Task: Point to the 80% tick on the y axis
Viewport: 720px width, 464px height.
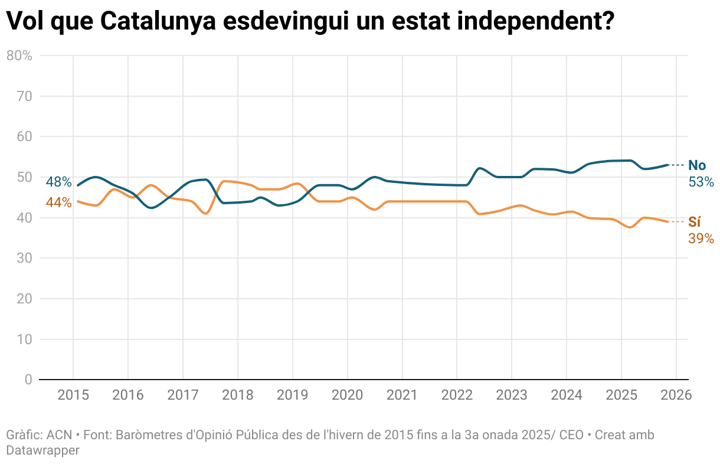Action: (x=19, y=55)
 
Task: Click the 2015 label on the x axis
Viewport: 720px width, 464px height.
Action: (x=73, y=396)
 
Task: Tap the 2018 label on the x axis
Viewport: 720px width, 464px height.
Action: (x=237, y=396)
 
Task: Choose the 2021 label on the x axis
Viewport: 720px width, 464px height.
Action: (x=402, y=396)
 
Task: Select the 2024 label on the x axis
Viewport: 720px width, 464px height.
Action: (x=566, y=396)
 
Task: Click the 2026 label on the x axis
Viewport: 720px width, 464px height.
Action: (x=676, y=396)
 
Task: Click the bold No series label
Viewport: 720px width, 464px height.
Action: (x=697, y=165)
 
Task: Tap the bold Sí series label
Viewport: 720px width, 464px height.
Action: (x=695, y=222)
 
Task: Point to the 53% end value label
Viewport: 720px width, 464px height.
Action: (x=701, y=182)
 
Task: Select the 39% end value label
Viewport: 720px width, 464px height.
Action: (x=701, y=238)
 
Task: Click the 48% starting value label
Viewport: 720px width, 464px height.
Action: (x=58, y=182)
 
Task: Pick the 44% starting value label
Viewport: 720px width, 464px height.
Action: (x=58, y=202)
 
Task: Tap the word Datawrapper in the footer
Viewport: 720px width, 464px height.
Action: (x=42, y=450)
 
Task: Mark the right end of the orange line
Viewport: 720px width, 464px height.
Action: (x=667, y=222)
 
